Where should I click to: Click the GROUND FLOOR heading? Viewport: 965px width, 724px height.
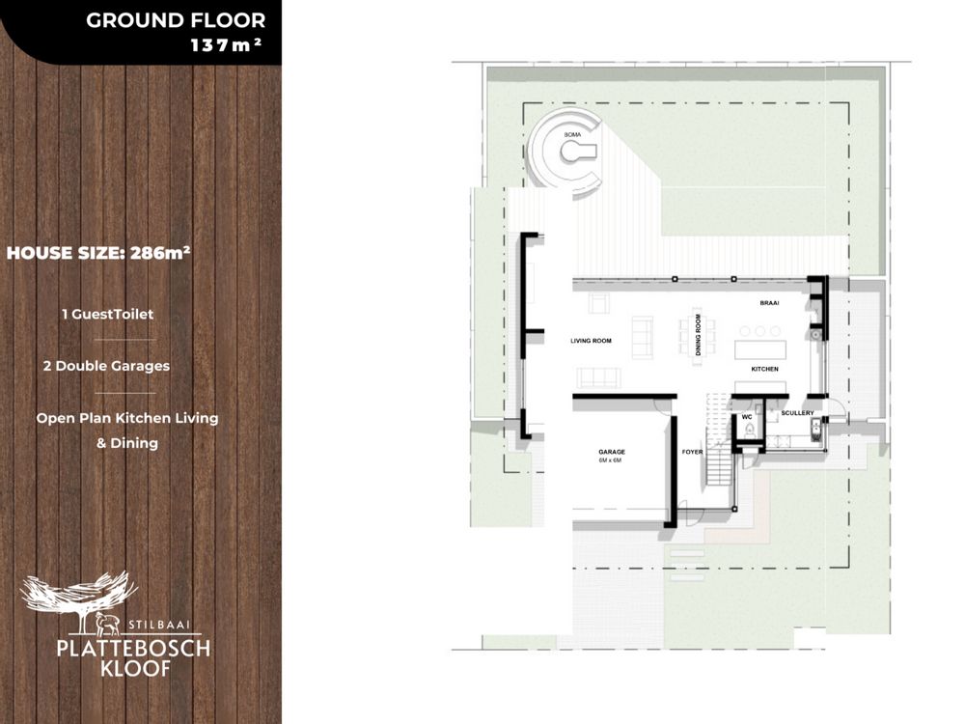[x=176, y=20]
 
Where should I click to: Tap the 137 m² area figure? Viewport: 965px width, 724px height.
[x=226, y=45]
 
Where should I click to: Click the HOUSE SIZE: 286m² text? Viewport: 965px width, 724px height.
[x=97, y=252]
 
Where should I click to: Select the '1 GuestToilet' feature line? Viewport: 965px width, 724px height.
[x=108, y=314]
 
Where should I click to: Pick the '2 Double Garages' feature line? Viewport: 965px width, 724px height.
[x=106, y=366]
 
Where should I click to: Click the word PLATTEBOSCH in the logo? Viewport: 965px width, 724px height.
[x=133, y=649]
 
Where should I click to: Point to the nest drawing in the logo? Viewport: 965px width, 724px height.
[x=78, y=593]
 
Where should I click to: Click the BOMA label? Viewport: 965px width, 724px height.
[x=572, y=135]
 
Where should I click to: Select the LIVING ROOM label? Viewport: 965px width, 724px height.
[x=591, y=341]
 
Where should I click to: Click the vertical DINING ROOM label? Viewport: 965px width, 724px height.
[x=698, y=334]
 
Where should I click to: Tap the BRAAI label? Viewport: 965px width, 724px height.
[x=769, y=303]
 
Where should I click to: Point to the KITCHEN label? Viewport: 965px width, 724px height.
[x=765, y=369]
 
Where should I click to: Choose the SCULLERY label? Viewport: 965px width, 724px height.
[x=798, y=413]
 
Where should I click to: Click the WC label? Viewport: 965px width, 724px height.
[x=747, y=417]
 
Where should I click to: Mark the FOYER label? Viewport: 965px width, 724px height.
[x=692, y=452]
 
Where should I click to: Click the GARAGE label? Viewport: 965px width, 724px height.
[x=612, y=452]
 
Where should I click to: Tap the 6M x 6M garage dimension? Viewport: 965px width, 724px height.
[x=610, y=460]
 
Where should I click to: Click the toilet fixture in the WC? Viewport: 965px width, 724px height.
[x=749, y=431]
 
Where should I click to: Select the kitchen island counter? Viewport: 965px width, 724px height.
[x=760, y=349]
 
